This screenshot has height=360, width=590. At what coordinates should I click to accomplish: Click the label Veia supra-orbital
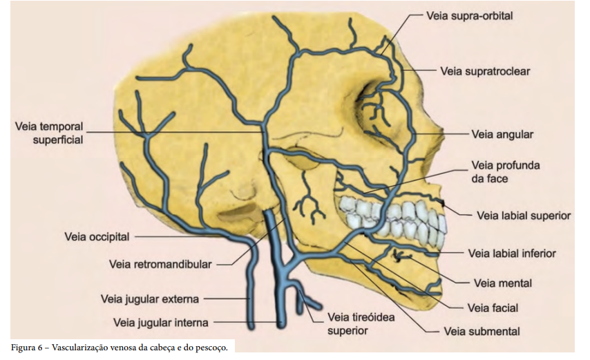pyautogui.click(x=469, y=15)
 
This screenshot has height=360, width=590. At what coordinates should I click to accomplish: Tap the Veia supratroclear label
pyautogui.click(x=485, y=70)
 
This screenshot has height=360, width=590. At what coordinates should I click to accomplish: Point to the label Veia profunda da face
pyautogui.click(x=505, y=171)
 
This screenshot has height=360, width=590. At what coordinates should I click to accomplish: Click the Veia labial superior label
pyautogui.click(x=524, y=216)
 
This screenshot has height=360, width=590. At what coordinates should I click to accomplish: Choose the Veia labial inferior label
pyautogui.click(x=512, y=254)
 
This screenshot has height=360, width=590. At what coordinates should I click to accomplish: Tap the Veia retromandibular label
pyautogui.click(x=161, y=263)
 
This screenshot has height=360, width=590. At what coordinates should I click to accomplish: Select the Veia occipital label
pyautogui.click(x=97, y=237)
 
